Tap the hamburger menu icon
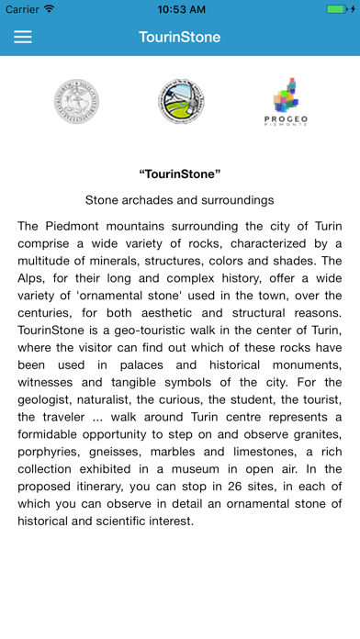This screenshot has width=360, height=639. (x=23, y=38)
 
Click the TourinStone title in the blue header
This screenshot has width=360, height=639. (x=180, y=38)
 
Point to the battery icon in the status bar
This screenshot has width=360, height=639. (x=337, y=9)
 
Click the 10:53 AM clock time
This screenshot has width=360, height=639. (x=180, y=9)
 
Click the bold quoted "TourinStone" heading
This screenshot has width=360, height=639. (x=180, y=174)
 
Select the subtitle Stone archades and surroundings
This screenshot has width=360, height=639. (x=180, y=199)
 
